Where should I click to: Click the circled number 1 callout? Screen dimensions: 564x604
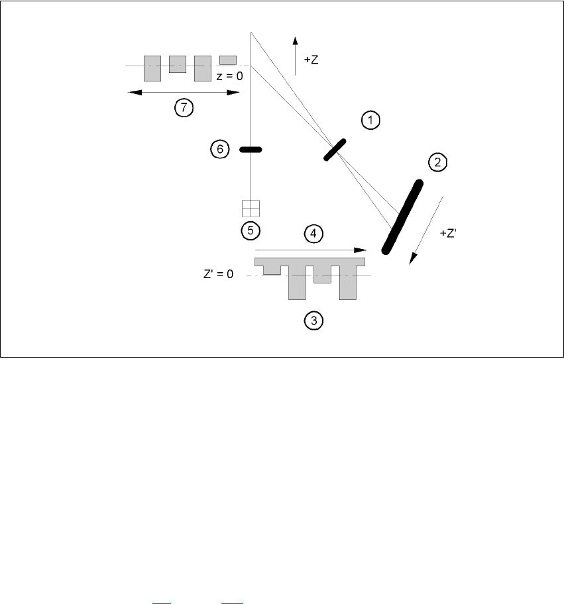point(370,120)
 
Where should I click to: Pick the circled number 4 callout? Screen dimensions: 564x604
point(313,233)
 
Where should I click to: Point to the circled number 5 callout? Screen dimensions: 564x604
point(251,230)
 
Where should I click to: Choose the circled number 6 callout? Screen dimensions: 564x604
point(219,150)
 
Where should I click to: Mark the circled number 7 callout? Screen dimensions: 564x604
point(184,108)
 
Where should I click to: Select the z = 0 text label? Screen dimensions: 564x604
point(230,76)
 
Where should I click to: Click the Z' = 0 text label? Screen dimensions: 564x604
point(218,274)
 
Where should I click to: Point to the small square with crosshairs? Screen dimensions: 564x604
point(251,208)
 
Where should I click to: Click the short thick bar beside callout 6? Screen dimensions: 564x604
point(251,150)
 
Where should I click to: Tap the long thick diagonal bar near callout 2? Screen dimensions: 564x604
point(402,217)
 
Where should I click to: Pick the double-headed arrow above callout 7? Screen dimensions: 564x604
point(183,93)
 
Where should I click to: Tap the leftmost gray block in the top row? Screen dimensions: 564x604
point(152,68)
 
